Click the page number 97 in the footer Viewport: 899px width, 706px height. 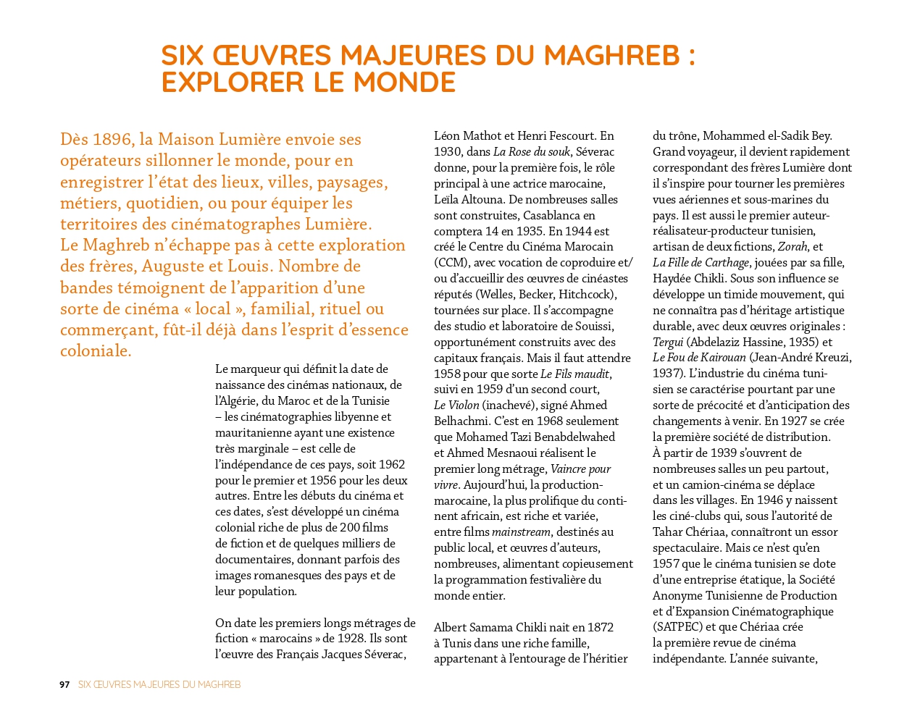[x=64, y=684]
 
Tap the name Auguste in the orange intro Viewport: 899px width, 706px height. [x=175, y=266]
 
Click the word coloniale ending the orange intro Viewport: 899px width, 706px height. [x=96, y=351]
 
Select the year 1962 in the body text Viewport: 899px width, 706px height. [x=391, y=465]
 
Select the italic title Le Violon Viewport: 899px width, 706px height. [x=456, y=405]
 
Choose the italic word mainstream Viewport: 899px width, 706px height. [x=521, y=532]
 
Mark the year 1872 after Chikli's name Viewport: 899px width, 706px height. [x=599, y=628]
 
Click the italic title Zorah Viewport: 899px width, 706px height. [x=793, y=247]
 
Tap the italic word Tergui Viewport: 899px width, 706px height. [x=668, y=343]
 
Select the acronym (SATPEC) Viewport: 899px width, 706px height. [x=677, y=627]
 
